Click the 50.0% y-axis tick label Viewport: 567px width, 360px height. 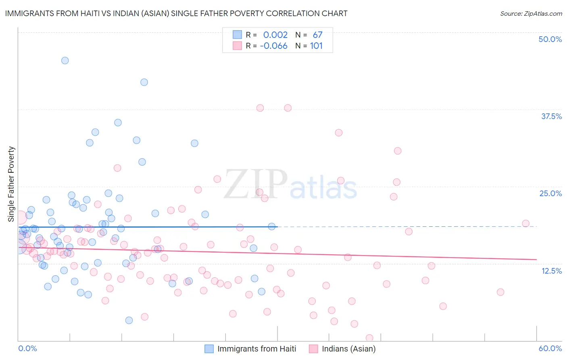(x=550, y=39)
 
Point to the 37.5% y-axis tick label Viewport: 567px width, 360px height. (x=551, y=116)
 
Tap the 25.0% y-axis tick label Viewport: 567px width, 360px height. (x=550, y=193)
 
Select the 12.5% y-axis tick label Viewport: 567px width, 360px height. (x=551, y=271)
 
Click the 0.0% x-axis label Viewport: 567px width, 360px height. (x=27, y=348)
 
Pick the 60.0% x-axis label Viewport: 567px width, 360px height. (x=550, y=348)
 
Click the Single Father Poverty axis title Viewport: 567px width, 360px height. (x=11, y=184)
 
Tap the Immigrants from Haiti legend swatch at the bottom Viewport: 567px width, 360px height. (x=209, y=349)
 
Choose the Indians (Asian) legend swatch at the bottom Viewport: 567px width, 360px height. (x=313, y=349)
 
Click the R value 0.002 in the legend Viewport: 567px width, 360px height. (x=275, y=35)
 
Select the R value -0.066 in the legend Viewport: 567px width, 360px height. (x=273, y=46)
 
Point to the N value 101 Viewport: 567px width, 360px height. (x=316, y=46)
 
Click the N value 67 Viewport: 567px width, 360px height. (x=317, y=35)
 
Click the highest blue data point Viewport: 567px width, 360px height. (x=65, y=61)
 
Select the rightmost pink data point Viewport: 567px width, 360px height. (x=525, y=224)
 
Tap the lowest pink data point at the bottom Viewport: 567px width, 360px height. (x=369, y=338)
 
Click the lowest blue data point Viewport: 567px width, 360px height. (x=129, y=320)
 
